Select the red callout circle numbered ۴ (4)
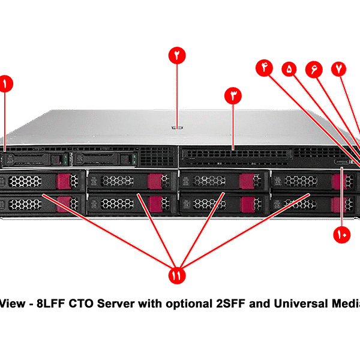(x=265, y=68)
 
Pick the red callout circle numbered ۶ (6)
(x=314, y=69)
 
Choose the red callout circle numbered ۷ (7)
(x=339, y=69)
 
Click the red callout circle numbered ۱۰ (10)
(x=342, y=235)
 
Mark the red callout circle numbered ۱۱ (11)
(x=177, y=275)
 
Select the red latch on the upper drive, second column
(x=155, y=180)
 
